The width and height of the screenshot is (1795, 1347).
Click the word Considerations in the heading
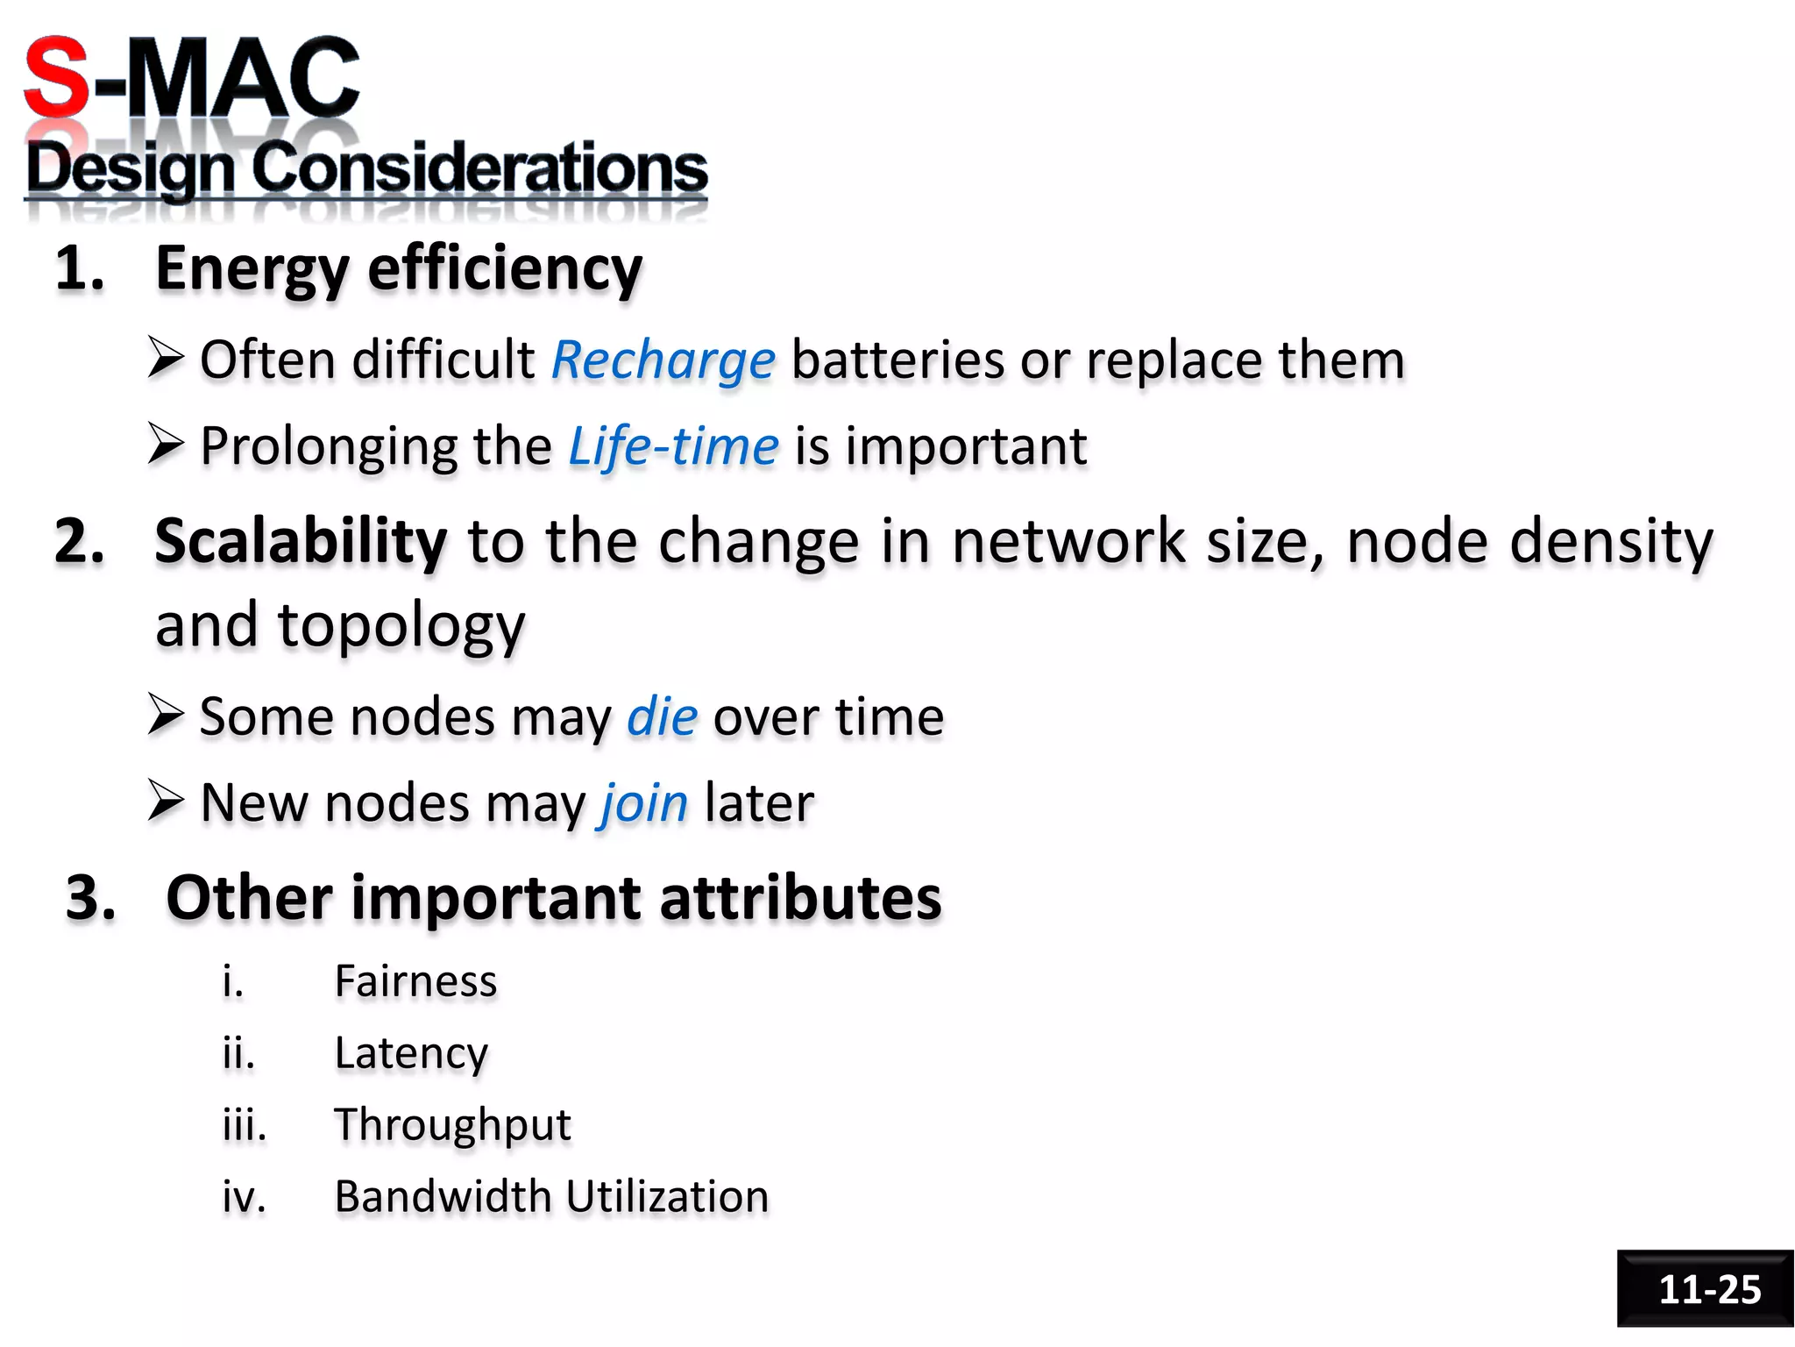coord(480,168)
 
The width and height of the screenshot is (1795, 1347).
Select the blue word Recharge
coord(663,360)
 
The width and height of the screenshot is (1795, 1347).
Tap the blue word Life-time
coord(673,446)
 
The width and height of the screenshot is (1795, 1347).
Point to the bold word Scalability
coord(301,541)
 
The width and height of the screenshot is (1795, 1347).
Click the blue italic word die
coord(662,716)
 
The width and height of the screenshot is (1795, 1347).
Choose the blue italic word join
coord(643,803)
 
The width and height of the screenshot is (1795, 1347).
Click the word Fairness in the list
coord(415,981)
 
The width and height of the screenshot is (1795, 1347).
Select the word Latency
coord(411,1053)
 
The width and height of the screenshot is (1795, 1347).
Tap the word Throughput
coord(452,1125)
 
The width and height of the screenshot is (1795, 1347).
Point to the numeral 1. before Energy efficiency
coord(80,268)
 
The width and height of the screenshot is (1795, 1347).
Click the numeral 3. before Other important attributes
coord(91,898)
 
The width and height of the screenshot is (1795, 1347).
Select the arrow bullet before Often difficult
coord(166,359)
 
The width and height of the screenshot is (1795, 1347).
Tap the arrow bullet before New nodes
coord(166,801)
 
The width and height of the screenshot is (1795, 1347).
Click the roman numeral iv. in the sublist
coord(244,1197)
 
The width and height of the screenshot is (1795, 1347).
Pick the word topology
coord(401,626)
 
